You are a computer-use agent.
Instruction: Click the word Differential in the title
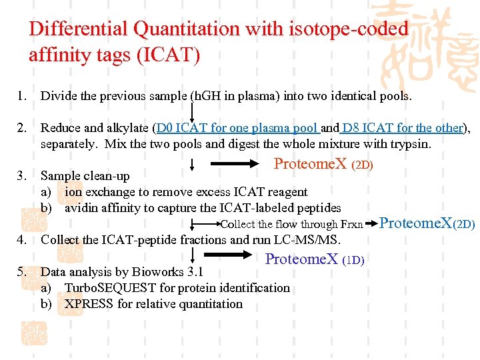(78, 29)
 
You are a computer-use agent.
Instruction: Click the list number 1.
(22, 96)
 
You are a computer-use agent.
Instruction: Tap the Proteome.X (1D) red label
(314, 259)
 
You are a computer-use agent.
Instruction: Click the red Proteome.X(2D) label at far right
(427, 223)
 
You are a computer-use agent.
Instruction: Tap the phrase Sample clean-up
(85, 176)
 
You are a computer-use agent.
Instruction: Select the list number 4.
(22, 240)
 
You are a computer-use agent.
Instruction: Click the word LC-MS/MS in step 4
(312, 240)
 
